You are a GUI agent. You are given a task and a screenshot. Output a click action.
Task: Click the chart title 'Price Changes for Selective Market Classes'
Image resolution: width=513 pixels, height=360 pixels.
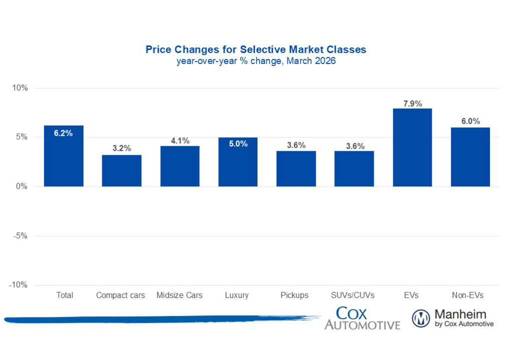255,50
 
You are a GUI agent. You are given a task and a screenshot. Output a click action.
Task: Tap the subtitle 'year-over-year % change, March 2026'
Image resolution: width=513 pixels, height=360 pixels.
255,61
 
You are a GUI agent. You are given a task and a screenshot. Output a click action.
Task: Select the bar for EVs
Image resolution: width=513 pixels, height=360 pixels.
412,148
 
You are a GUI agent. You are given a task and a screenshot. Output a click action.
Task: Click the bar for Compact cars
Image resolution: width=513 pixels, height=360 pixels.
122,171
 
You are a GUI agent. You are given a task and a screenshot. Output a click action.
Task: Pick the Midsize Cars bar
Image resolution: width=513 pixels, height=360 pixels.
180,166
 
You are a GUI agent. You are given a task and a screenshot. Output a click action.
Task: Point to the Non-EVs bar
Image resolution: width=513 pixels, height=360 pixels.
470,157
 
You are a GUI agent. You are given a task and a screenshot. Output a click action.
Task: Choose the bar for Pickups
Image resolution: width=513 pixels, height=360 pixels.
296,169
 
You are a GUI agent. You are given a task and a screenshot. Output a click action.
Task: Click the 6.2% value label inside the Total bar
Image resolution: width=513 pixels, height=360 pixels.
64,134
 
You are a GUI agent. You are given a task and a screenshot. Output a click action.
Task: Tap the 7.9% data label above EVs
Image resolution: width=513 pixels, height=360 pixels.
412,104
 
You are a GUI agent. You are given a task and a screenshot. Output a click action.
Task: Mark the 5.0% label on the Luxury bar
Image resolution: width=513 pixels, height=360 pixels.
238,144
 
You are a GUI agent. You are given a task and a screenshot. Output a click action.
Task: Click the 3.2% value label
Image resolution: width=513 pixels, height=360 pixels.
122,148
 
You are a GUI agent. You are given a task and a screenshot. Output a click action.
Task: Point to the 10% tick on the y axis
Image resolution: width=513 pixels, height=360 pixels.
21,88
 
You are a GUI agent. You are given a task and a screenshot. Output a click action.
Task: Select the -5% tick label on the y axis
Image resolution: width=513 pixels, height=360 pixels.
21,236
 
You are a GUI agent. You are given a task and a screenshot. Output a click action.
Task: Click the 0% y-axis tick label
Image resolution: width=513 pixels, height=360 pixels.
23,187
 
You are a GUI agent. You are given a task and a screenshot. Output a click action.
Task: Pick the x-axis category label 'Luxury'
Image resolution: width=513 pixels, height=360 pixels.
237,295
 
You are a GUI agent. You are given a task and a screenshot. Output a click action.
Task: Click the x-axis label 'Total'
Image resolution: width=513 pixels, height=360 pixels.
64,295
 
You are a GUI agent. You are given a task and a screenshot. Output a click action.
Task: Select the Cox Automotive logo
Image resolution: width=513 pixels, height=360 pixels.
362,319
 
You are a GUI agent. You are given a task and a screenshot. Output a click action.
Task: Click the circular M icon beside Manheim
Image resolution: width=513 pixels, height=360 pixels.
421,318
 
